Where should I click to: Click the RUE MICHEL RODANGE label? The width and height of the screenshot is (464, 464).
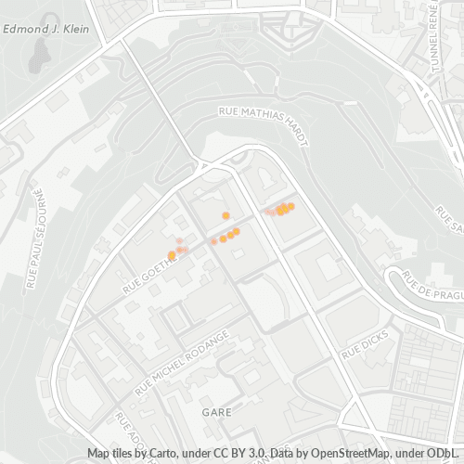[182, 362]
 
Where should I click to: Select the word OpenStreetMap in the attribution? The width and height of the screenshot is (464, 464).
[346, 453]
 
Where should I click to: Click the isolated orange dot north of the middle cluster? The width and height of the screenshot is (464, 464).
[226, 215]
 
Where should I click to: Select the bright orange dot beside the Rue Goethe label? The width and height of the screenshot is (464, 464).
[172, 255]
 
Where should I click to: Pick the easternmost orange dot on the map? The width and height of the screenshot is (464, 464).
[291, 206]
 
